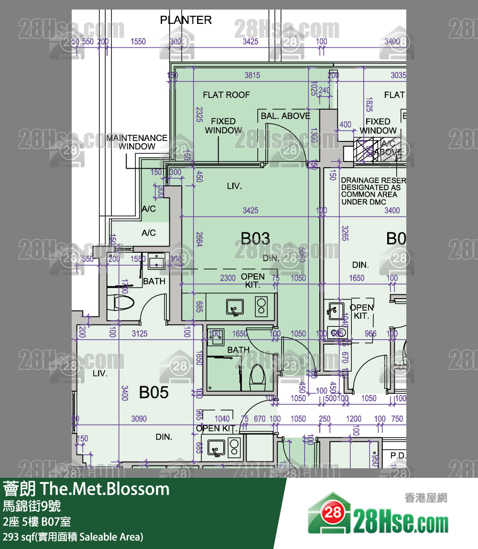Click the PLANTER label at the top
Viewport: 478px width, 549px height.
pos(185,20)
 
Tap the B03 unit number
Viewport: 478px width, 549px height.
pos(255,238)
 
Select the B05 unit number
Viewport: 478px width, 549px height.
pos(154,392)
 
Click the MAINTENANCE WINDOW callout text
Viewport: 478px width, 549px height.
pos(137,142)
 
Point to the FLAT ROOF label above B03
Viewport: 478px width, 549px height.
pos(226,95)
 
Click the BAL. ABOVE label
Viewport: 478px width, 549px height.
pos(285,116)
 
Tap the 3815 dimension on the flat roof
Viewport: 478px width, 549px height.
pos(252,75)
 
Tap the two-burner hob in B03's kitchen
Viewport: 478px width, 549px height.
pos(261,306)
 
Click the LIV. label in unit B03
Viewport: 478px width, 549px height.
pos(234,186)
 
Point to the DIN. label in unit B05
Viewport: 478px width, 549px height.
pos(164,437)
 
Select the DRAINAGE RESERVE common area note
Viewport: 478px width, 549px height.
pos(373,191)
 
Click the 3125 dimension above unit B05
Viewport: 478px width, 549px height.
pos(140,334)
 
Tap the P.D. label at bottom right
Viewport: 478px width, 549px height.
pos(398,455)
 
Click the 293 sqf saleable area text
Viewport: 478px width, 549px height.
pos(73,537)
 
